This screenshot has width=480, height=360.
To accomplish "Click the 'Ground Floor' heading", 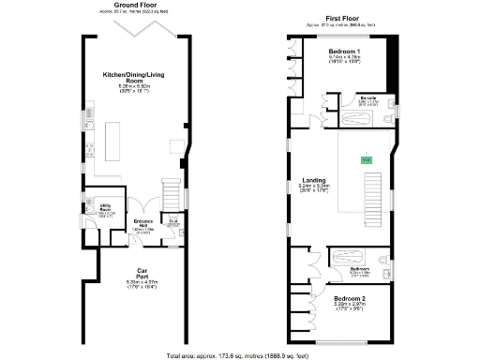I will click(x=136, y=5).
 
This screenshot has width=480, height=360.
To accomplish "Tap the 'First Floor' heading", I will click(x=345, y=18).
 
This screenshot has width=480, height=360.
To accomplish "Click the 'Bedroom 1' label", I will click(x=345, y=51).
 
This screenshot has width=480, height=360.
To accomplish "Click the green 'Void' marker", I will click(x=366, y=160).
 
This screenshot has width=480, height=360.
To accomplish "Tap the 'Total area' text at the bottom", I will click(x=239, y=354).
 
